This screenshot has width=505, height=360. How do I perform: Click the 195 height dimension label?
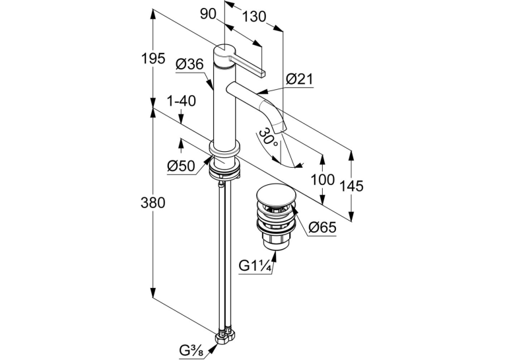pyautogui.click(x=153, y=58)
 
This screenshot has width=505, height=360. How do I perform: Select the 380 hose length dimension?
pyautogui.click(x=153, y=203)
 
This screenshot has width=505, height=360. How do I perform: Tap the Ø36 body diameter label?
pyautogui.click(x=190, y=65)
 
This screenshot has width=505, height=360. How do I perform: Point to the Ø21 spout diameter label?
pyautogui.click(x=300, y=79)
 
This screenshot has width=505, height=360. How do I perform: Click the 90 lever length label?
pyautogui.click(x=209, y=14)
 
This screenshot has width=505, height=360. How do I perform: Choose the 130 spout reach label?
pyautogui.click(x=254, y=17)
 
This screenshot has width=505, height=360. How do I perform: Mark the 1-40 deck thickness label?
pyautogui.click(x=181, y=101)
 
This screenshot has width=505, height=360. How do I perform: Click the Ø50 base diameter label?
pyautogui.click(x=181, y=166)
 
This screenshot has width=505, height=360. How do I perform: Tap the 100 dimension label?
pyautogui.click(x=322, y=179)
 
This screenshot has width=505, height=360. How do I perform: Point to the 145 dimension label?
pyautogui.click(x=351, y=186)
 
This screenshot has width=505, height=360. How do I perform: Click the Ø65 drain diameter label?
pyautogui.click(x=322, y=227)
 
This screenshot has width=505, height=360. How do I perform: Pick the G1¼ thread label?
pyautogui.click(x=254, y=266)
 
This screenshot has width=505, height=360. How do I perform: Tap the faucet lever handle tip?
pyautogui.click(x=263, y=74)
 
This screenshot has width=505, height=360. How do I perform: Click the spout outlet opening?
pyautogui.click(x=279, y=129)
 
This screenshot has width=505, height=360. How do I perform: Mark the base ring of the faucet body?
pyautogui.click(x=225, y=149)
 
